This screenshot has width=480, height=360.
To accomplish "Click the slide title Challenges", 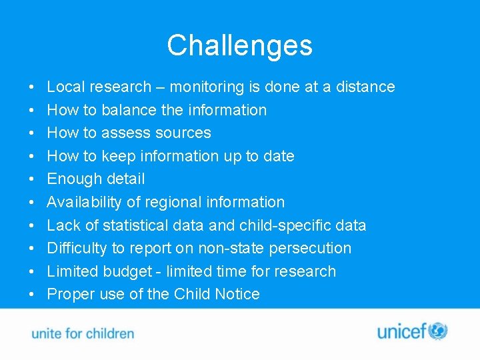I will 239,45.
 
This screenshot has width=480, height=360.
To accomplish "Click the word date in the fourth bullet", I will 278,156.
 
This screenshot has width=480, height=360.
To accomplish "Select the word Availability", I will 85,202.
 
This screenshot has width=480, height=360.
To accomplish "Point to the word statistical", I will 135,225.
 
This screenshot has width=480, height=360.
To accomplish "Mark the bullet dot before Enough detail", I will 32,179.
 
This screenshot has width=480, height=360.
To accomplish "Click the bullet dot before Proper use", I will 32,295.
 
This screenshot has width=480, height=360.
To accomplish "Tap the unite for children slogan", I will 83,333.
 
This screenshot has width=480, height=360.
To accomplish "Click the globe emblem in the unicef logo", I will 438,331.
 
